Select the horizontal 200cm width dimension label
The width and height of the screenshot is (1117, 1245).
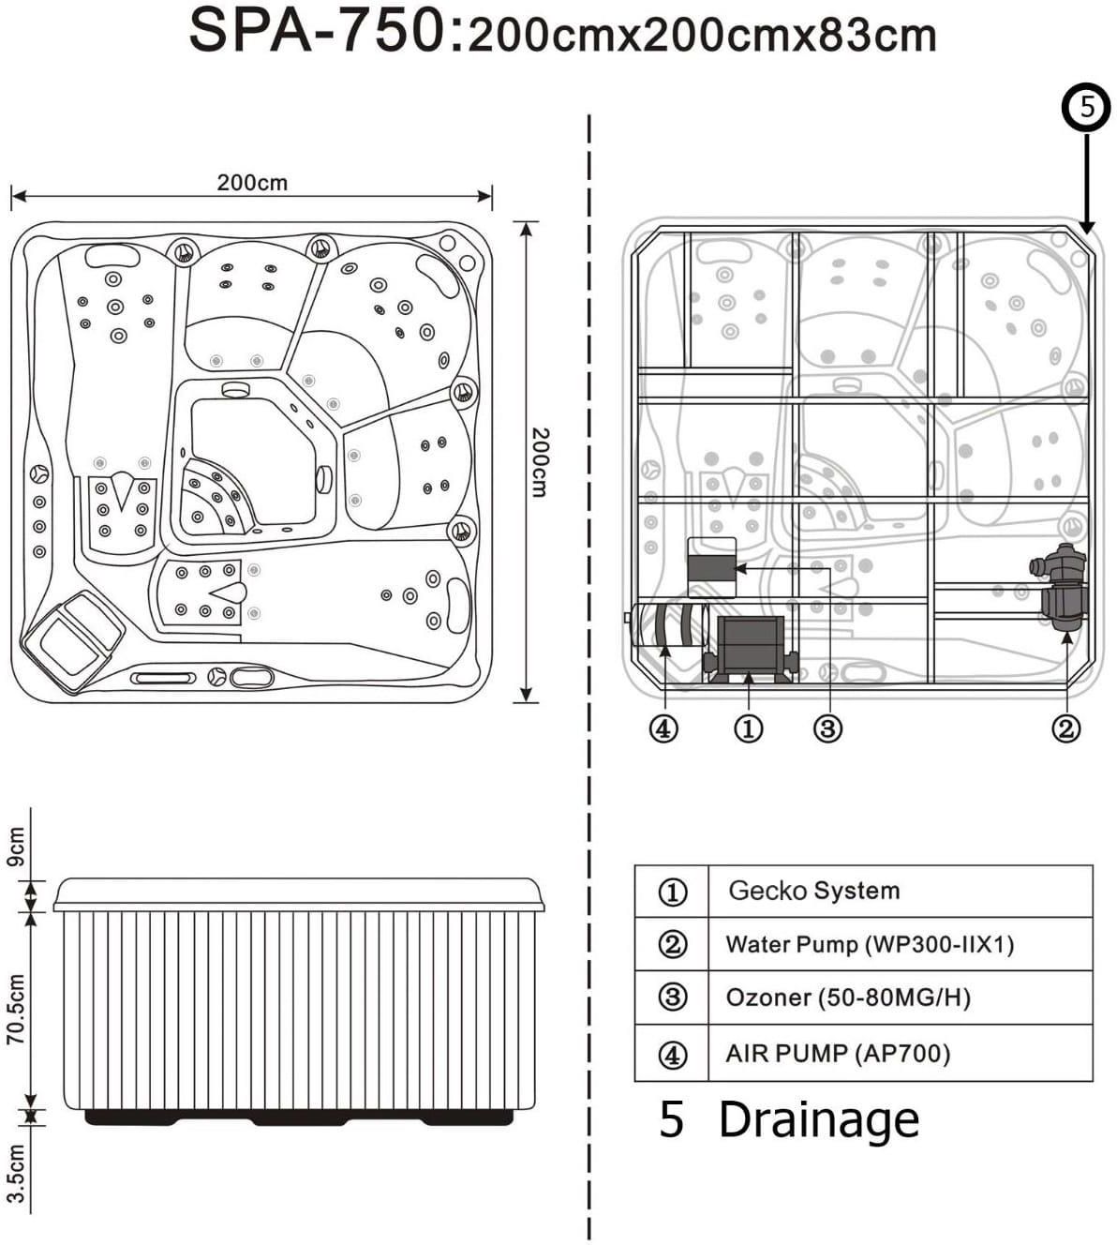tap(252, 182)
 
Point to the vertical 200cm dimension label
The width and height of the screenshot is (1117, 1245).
tap(540, 461)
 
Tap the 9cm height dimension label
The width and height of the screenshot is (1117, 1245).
tap(17, 847)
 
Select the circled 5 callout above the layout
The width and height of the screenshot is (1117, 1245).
tap(1086, 107)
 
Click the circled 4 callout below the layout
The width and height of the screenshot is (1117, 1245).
tap(663, 727)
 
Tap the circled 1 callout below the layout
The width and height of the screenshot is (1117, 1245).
tap(747, 727)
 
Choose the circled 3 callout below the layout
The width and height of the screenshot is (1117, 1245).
tap(827, 727)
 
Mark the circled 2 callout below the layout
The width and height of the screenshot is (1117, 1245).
tap(1065, 727)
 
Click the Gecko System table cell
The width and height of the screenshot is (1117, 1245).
tap(813, 891)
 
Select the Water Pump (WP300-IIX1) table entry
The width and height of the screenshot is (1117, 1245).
tap(870, 944)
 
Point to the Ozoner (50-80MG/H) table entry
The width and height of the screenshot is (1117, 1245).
tap(848, 997)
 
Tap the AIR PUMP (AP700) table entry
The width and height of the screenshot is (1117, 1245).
tap(838, 1054)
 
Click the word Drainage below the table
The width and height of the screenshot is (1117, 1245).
tap(818, 1119)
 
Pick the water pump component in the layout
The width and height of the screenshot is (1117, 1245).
tap(1062, 586)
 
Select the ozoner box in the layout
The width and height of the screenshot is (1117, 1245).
tap(711, 567)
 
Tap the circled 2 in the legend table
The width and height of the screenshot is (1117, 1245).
tap(672, 944)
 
